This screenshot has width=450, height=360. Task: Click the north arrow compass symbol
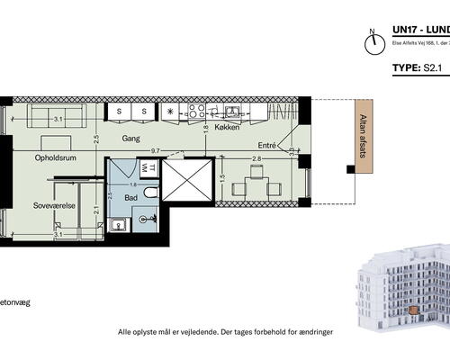(369, 43)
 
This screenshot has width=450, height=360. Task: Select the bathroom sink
(115, 225)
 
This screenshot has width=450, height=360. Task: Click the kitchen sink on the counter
(233, 112)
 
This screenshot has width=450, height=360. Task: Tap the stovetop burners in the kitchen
(194, 112)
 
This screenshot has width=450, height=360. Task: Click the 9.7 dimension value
(155, 151)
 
